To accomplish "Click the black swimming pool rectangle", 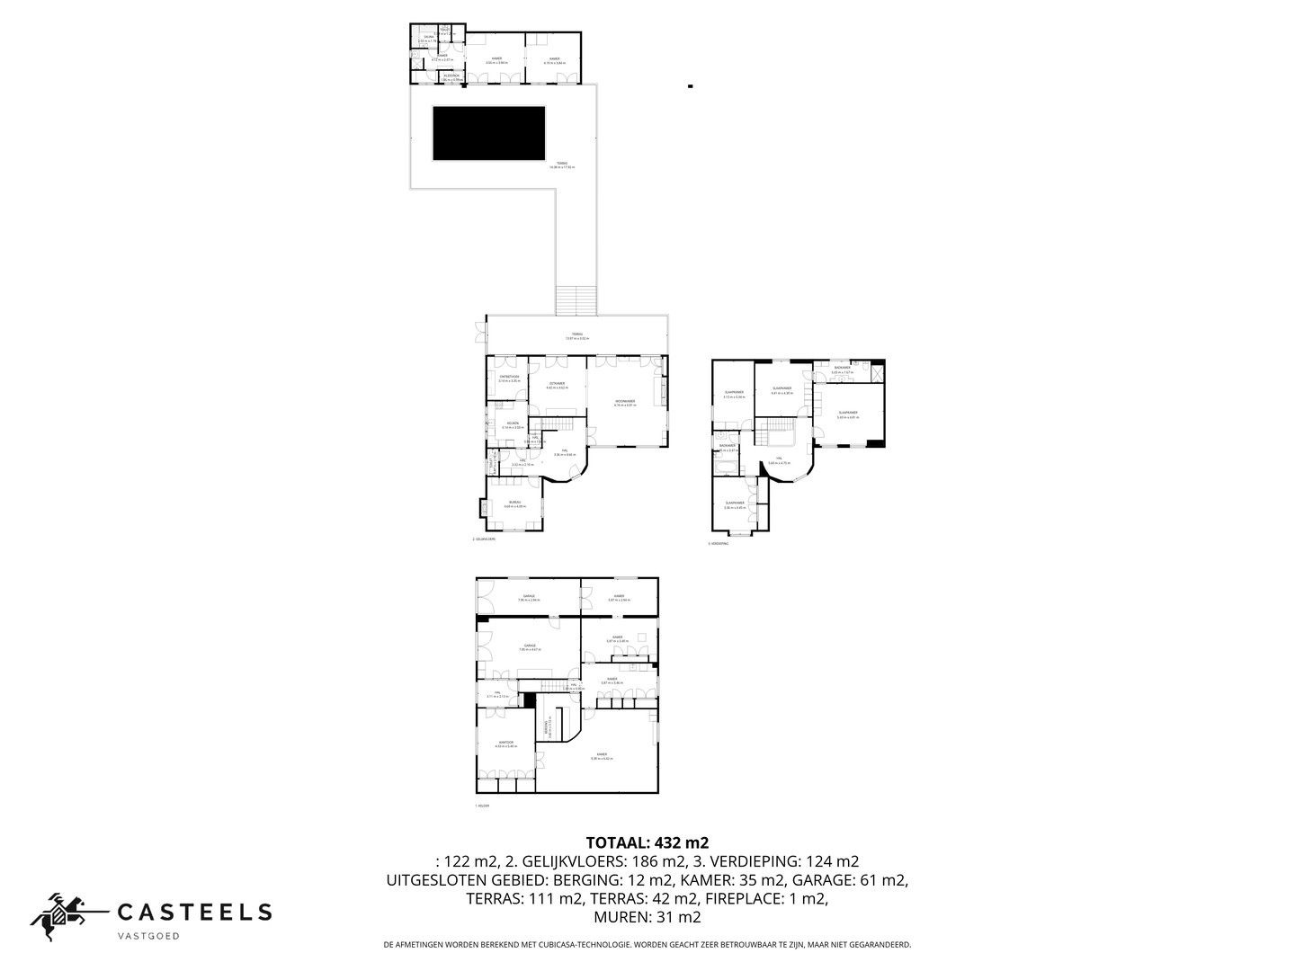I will (x=489, y=133).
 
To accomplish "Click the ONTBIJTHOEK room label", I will (x=509, y=378).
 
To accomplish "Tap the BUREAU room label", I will (x=514, y=503).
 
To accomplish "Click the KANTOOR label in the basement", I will (x=505, y=743).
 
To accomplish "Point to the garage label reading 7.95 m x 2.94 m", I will (x=529, y=597).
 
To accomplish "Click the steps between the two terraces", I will (x=576, y=300).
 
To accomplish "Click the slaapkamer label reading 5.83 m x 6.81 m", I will (x=847, y=414).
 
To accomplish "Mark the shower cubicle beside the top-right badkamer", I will (x=878, y=372).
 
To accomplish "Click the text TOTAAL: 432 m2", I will (x=647, y=842).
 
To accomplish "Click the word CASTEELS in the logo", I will (x=194, y=912).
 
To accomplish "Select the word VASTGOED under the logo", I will (x=149, y=936).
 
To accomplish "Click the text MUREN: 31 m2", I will (x=647, y=917).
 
